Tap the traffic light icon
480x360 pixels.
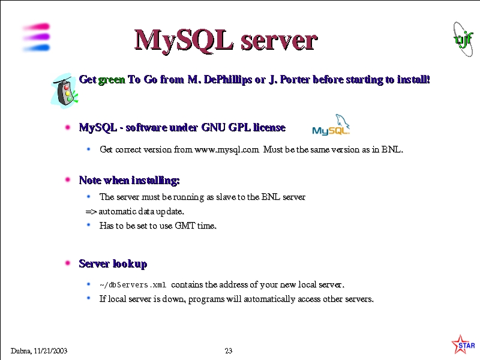click(x=65, y=91)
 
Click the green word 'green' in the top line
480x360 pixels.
click(x=112, y=80)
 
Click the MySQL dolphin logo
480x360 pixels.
click(x=331, y=125)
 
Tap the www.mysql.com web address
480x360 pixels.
click(x=227, y=149)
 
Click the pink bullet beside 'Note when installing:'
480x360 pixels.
click(x=68, y=179)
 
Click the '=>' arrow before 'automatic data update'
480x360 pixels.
click(x=91, y=212)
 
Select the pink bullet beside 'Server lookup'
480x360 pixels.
click(x=68, y=263)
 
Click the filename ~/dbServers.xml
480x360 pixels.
click(x=133, y=285)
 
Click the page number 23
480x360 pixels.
click(x=229, y=351)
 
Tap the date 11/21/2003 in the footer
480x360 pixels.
click(x=50, y=351)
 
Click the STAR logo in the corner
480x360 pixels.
click(x=463, y=344)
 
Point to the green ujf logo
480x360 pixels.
click(x=463, y=39)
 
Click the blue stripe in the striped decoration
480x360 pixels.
click(x=37, y=48)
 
